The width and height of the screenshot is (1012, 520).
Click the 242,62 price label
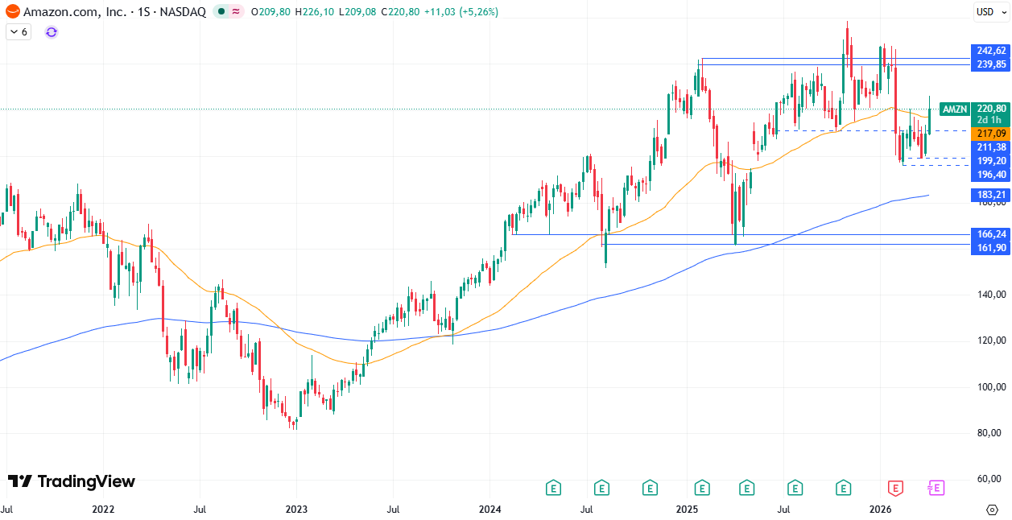tap(989, 51)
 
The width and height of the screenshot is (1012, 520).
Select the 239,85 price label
tap(989, 64)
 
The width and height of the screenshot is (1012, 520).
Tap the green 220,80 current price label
tap(989, 109)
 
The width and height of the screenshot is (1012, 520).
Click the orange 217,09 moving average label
tap(989, 134)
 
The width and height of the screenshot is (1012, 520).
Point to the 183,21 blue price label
tap(989, 195)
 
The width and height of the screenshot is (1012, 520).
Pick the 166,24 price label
tap(989, 234)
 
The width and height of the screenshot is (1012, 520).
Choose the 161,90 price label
tap(989, 247)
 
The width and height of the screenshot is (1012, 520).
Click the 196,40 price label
tap(989, 175)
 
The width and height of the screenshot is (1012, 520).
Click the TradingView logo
tap(72, 481)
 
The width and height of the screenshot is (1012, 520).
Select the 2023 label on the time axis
tap(296, 509)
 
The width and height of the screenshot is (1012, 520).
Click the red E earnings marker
tap(894, 488)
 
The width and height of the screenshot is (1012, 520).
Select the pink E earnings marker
tap(936, 488)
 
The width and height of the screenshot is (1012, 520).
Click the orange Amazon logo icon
tap(13, 12)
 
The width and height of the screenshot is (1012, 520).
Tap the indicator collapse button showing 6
tap(19, 32)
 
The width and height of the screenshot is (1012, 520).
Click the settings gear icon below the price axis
tap(992, 510)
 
